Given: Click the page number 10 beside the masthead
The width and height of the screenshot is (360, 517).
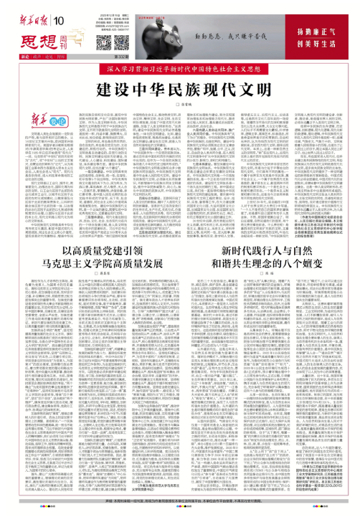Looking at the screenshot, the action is pyautogui.click(x=59, y=9).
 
